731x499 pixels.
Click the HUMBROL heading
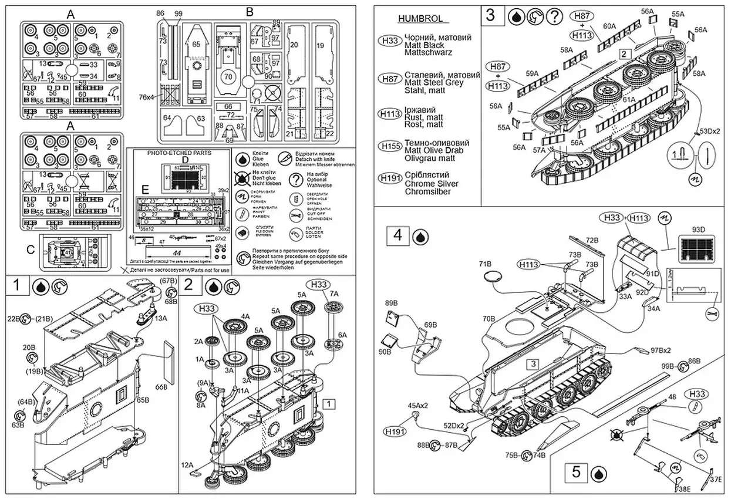click(420, 19)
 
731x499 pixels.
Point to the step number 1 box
click(18, 286)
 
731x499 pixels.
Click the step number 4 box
click(397, 236)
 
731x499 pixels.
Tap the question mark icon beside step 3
click(554, 16)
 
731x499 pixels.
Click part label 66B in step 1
click(161, 386)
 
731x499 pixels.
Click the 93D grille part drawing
click(694, 249)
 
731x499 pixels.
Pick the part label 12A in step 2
click(187, 464)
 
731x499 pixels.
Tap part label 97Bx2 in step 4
click(661, 350)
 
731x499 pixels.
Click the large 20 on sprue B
click(294, 45)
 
